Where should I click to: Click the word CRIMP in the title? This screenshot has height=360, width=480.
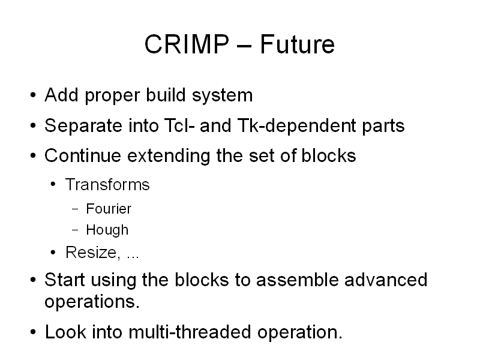(x=187, y=44)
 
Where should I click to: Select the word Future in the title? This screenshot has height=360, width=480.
(x=297, y=44)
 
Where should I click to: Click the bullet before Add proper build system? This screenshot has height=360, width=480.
(x=33, y=95)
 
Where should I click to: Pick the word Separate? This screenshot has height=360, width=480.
(x=83, y=125)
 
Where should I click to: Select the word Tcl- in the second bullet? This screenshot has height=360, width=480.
(x=179, y=125)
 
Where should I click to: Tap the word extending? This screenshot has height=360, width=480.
(x=169, y=156)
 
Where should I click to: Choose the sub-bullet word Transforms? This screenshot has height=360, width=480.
(x=107, y=185)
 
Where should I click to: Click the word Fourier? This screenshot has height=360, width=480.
(x=109, y=209)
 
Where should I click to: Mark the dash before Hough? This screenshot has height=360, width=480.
(x=76, y=230)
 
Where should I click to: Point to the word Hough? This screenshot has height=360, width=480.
(x=107, y=230)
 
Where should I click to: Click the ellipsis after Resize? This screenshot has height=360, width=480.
(x=133, y=257)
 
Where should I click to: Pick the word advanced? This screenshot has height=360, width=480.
(x=386, y=280)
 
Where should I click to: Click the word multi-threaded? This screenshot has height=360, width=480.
(x=190, y=332)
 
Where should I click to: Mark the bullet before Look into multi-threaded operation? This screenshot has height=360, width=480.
(x=33, y=332)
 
